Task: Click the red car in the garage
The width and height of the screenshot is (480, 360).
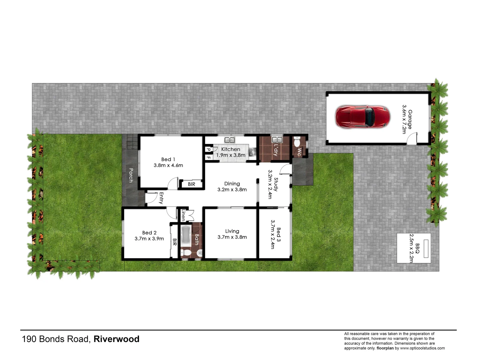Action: [362, 117]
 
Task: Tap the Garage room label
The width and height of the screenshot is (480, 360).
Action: [410, 119]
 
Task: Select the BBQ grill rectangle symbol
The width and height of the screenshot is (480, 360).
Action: [426, 248]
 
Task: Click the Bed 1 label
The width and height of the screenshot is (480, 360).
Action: [168, 159]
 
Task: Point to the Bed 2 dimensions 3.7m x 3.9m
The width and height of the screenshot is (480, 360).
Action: [149, 239]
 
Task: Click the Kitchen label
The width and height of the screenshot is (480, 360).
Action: [231, 149]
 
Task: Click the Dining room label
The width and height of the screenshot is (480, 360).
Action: [232, 184]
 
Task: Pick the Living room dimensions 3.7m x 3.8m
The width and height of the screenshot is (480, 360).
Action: [232, 237]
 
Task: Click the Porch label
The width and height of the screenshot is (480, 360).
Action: [131, 175]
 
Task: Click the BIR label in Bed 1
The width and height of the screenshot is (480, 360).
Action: [191, 184]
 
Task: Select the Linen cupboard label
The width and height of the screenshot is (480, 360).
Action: [183, 215]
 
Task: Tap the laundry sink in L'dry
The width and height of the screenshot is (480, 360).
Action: [277, 140]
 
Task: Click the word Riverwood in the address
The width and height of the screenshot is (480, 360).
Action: [116, 339]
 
